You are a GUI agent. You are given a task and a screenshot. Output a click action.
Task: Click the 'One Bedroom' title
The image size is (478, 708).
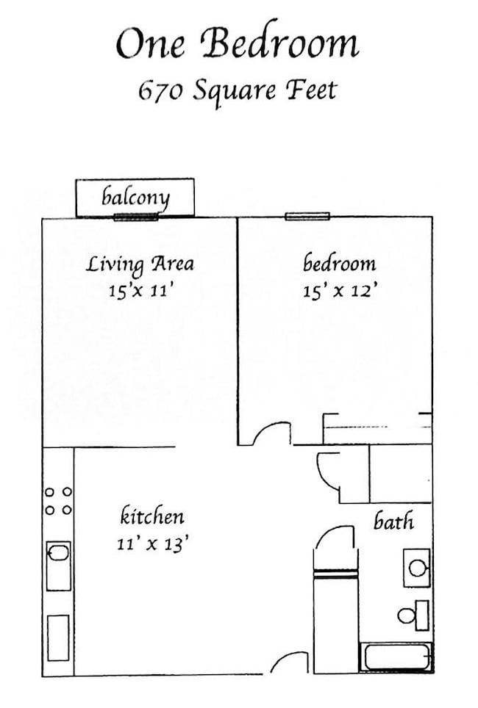(237, 45)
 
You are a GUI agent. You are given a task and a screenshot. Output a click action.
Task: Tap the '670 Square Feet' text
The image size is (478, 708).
(237, 90)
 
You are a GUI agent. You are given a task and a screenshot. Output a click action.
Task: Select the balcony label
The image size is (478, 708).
(136, 197)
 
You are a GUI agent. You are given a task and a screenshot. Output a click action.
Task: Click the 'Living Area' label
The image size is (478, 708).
(140, 264)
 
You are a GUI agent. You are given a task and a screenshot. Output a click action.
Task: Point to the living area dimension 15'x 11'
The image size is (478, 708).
(140, 291)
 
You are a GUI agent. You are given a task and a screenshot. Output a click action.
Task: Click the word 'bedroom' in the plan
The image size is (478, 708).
(339, 263)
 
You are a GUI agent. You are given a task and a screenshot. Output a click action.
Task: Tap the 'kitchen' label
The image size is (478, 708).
(152, 516)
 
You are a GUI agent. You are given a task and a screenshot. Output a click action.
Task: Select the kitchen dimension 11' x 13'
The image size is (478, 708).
(152, 544)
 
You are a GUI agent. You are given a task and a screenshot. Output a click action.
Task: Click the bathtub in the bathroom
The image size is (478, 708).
(395, 657)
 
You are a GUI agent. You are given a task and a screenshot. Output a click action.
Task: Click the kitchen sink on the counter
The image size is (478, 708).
(58, 565)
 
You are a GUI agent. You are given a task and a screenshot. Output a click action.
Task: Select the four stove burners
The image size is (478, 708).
(58, 501)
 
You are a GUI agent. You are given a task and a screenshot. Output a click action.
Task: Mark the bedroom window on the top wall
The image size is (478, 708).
(307, 216)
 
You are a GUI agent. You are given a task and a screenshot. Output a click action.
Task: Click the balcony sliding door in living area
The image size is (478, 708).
(136, 217)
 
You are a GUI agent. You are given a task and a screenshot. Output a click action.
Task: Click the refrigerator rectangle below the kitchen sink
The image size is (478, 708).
(58, 637)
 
